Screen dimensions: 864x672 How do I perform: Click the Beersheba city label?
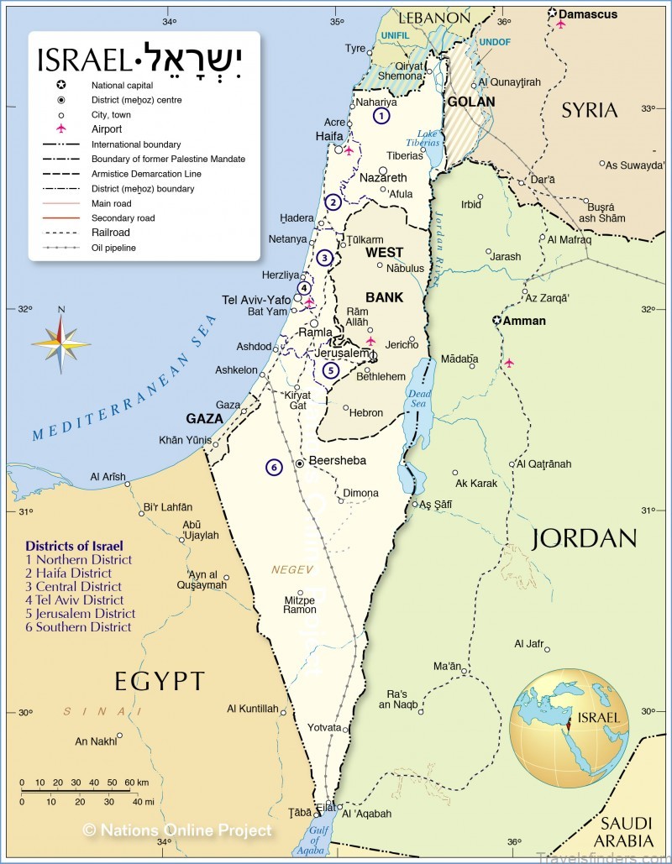[338, 460]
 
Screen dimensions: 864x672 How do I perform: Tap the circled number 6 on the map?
[273, 467]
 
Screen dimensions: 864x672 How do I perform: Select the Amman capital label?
[525, 321]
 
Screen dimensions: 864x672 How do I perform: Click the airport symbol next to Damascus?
[561, 24]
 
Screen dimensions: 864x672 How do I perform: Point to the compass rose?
[61, 343]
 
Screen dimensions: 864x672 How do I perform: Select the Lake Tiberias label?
[428, 139]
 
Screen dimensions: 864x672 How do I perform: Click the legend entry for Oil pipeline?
[113, 248]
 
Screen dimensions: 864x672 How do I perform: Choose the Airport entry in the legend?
[107, 129]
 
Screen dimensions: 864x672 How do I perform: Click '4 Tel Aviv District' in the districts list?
[75, 600]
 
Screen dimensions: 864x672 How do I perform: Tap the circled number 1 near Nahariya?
[382, 116]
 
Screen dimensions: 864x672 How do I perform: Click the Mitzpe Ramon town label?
[299, 605]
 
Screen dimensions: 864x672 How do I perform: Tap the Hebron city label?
[366, 412]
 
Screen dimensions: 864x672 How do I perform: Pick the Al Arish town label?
[108, 477]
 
